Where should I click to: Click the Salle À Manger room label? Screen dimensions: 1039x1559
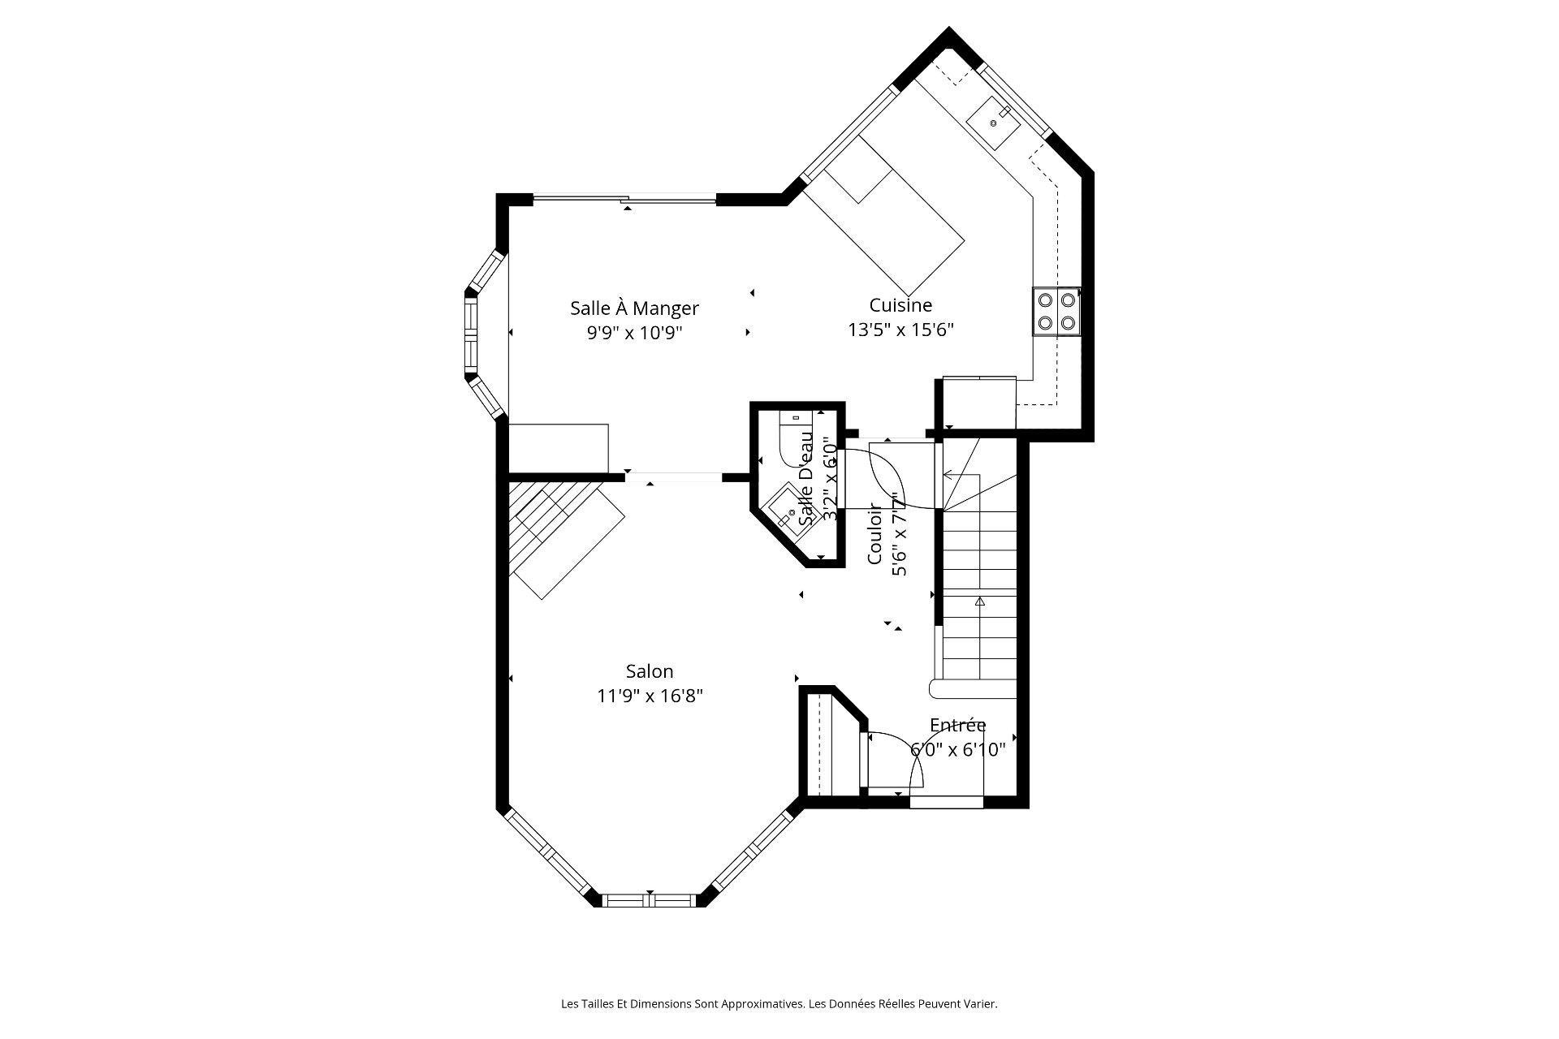click(633, 308)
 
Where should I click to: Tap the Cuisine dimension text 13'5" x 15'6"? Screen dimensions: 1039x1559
click(900, 330)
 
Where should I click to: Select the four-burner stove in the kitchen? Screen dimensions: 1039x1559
click(1056, 312)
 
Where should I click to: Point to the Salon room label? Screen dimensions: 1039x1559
click(649, 671)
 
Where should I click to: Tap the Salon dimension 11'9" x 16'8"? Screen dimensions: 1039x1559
click(649, 696)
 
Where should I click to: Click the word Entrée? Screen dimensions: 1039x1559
click(957, 725)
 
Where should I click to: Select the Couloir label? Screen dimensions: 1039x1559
click(875, 533)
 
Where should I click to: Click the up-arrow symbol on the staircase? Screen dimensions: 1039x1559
click(979, 601)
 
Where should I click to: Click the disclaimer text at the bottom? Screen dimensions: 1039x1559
click(779, 1004)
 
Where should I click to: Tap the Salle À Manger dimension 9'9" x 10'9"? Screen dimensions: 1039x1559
click(633, 333)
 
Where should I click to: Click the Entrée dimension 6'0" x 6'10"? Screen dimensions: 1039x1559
click(957, 750)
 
